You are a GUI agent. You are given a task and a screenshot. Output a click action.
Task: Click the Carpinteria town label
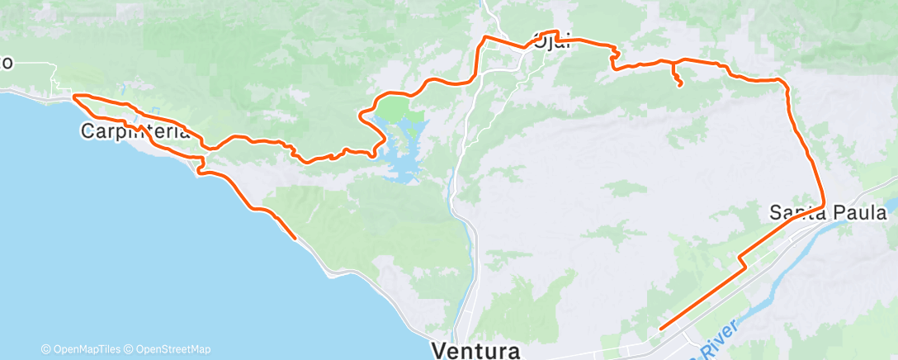coord(137,130)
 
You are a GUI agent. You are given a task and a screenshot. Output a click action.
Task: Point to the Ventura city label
coord(476,350)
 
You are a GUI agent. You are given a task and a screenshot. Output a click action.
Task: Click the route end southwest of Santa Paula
coord(661,329)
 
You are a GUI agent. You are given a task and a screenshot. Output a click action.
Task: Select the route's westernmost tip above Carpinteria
coord(73,97)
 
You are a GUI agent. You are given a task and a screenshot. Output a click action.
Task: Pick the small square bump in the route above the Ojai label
coord(558,35)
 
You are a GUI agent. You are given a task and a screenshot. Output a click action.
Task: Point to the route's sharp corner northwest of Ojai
coord(484,38)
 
